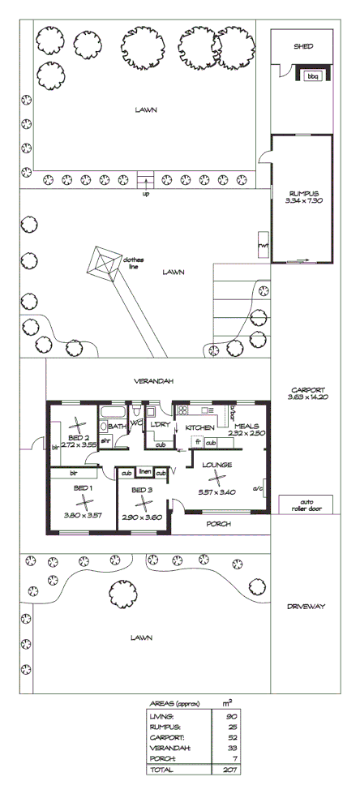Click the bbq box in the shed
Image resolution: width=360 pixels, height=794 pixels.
[313, 75]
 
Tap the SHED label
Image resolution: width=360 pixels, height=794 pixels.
[302, 47]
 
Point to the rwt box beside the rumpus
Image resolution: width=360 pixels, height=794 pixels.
[264, 245]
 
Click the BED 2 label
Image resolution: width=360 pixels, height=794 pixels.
[79, 437]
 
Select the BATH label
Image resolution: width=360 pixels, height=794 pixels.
[116, 425]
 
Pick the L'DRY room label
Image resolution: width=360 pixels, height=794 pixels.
[158, 425]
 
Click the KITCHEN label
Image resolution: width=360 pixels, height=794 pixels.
[199, 427]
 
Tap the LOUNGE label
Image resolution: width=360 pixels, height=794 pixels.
[217, 465]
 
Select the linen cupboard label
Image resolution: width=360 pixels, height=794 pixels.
[144, 471]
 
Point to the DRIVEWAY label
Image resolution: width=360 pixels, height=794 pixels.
[307, 605]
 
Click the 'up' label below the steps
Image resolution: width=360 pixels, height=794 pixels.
[146, 194]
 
